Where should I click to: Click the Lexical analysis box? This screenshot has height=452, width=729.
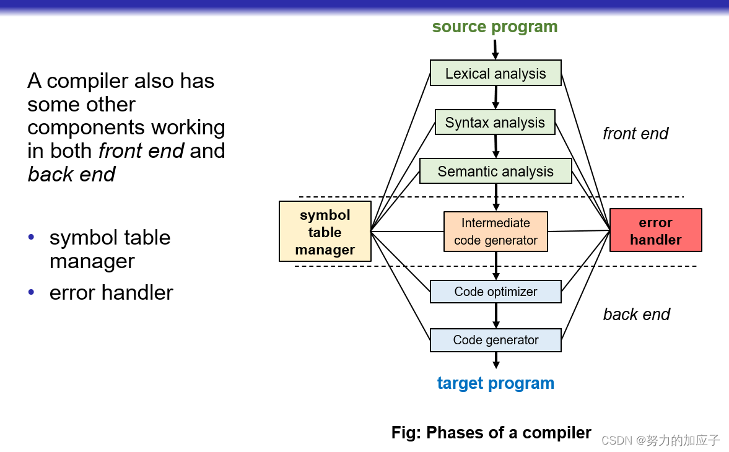pos(495,73)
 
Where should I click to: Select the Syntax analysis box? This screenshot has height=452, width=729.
pos(495,123)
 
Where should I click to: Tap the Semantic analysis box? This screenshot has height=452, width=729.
pos(495,172)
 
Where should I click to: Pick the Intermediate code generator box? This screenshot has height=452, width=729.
pos(495,232)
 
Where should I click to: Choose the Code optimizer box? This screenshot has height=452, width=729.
pos(495,292)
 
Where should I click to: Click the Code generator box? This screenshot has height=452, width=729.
pos(495,340)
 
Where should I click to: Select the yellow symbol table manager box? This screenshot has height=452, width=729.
pos(325,232)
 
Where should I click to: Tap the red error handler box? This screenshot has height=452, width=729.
pos(655,230)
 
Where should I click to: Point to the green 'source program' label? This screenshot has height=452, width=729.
pos(495,27)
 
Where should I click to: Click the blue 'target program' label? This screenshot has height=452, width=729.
pos(495,383)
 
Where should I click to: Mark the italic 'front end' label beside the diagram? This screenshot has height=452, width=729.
pos(635,134)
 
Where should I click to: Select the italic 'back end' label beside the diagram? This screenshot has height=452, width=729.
pos(636,315)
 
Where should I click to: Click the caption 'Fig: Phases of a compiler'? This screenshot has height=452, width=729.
pos(491,432)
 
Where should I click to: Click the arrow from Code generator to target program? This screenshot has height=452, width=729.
pos(495,360)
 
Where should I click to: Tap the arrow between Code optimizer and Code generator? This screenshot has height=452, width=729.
pos(495,316)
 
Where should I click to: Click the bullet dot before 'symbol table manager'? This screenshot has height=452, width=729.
pos(32,238)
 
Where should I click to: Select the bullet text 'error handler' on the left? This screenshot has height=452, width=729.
pos(111,292)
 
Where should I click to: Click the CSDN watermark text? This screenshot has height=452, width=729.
pos(660,440)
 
